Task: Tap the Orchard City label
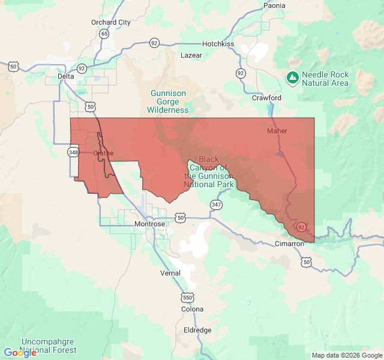(x=110, y=22)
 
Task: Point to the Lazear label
(x=191, y=55)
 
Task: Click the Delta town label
(x=66, y=76)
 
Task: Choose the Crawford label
(x=266, y=97)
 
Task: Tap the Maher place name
(x=277, y=131)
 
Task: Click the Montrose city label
(x=149, y=224)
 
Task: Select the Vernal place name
(x=170, y=273)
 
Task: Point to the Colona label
(x=192, y=309)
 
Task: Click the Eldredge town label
(x=197, y=330)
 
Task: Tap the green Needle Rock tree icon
(x=292, y=78)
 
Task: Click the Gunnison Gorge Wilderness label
(x=168, y=101)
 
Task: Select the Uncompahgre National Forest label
(x=48, y=346)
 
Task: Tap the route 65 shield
(x=104, y=34)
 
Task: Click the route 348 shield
(x=73, y=152)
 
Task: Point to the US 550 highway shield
(x=187, y=297)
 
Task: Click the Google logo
(x=20, y=353)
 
